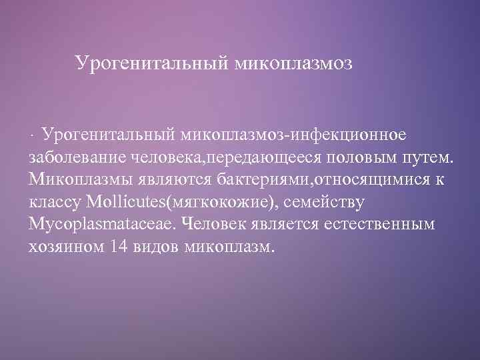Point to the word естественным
(379, 225)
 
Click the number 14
(120, 247)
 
